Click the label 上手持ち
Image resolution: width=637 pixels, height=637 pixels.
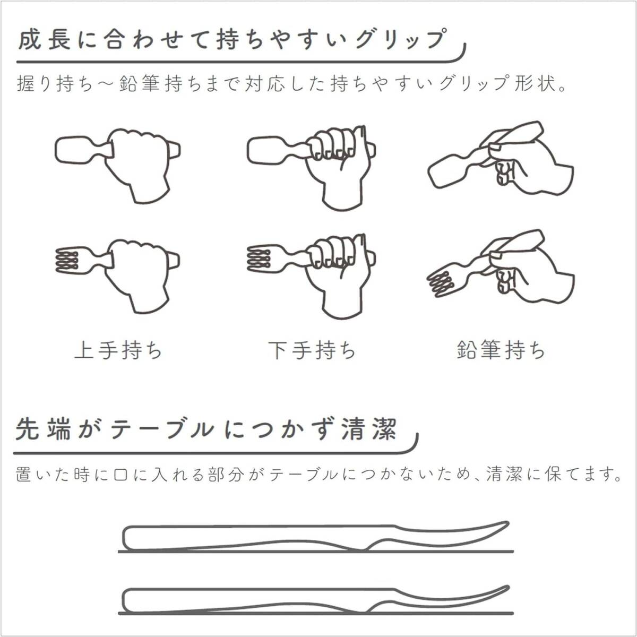coord(118,350)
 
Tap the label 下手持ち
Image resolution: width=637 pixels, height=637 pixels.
coord(312,350)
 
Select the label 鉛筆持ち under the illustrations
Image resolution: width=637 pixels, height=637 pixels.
coord(501,350)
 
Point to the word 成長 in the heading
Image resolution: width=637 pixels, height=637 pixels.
coord(44,40)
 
